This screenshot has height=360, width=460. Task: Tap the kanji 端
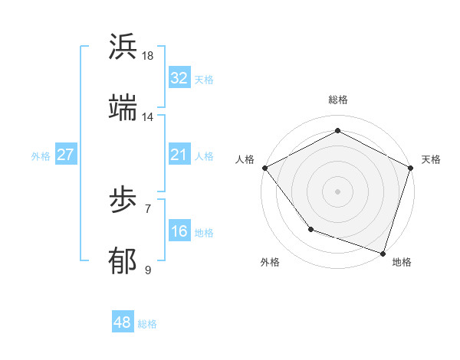[123, 108]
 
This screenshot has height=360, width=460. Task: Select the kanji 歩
[123, 201]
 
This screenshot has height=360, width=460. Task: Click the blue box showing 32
[179, 78]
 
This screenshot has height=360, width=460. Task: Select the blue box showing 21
[179, 155]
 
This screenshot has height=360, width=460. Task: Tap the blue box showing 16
[179, 231]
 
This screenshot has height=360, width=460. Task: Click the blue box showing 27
[65, 155]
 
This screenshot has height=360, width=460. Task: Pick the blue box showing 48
[123, 322]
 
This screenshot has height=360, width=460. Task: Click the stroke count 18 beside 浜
[148, 56]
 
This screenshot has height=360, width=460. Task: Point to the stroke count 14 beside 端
[148, 117]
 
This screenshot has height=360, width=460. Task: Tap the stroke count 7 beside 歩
[148, 208]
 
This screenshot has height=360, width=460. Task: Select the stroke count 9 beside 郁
[148, 270]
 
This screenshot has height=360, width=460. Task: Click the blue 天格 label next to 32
[204, 79]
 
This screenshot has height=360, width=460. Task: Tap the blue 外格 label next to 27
[41, 155]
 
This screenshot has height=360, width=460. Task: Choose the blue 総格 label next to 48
[147, 323]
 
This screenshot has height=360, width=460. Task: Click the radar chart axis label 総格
[338, 100]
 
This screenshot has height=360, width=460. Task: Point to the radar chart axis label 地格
[401, 262]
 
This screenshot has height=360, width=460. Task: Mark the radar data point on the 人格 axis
[264, 167]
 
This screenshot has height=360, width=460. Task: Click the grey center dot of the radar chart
[338, 191]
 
